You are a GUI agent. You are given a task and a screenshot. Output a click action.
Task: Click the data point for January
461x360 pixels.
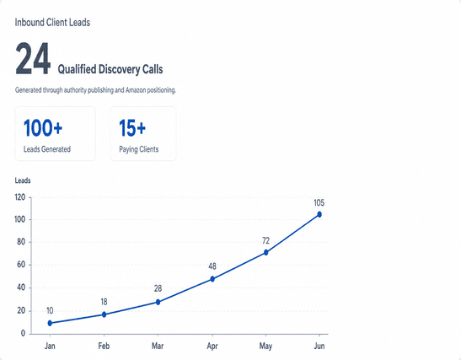pyautogui.click(x=50, y=323)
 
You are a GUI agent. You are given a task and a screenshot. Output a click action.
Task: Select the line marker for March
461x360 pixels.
pyautogui.click(x=158, y=302)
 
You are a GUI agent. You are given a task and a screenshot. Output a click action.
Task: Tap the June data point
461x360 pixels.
pyautogui.click(x=319, y=214)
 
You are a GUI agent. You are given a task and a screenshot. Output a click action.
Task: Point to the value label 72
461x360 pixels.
pyautogui.click(x=265, y=241)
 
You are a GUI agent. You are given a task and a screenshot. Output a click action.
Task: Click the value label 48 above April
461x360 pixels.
pyautogui.click(x=212, y=266)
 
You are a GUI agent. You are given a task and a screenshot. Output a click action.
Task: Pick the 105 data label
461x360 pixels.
pyautogui.click(x=319, y=203)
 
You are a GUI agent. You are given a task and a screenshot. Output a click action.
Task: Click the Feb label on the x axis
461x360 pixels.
pyautogui.click(x=104, y=346)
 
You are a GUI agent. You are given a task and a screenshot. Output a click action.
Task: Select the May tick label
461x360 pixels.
pyautogui.click(x=265, y=346)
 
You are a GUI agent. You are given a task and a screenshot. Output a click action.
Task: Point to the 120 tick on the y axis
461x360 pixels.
pyautogui.click(x=20, y=197)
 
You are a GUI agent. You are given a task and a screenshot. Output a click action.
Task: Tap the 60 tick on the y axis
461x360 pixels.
pyautogui.click(x=21, y=265)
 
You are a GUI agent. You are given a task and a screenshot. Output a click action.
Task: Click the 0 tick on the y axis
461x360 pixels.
pyautogui.click(x=23, y=334)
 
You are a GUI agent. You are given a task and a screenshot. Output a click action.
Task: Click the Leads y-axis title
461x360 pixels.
pyautogui.click(x=23, y=180)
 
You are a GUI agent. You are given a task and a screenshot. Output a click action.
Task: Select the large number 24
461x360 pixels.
pyautogui.click(x=33, y=58)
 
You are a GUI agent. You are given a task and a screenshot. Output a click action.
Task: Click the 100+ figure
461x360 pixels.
pyautogui.click(x=43, y=128)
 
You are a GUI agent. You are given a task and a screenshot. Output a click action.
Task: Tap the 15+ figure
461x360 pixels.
pyautogui.click(x=132, y=128)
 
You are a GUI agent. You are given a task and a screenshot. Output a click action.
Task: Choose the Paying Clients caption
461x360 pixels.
pyautogui.click(x=139, y=149)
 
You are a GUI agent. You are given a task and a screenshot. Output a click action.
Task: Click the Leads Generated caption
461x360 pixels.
pyautogui.click(x=47, y=149)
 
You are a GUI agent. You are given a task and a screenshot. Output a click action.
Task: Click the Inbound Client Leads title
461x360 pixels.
pyautogui.click(x=52, y=23)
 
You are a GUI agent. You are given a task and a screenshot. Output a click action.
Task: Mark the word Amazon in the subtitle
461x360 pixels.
pyautogui.click(x=136, y=90)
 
